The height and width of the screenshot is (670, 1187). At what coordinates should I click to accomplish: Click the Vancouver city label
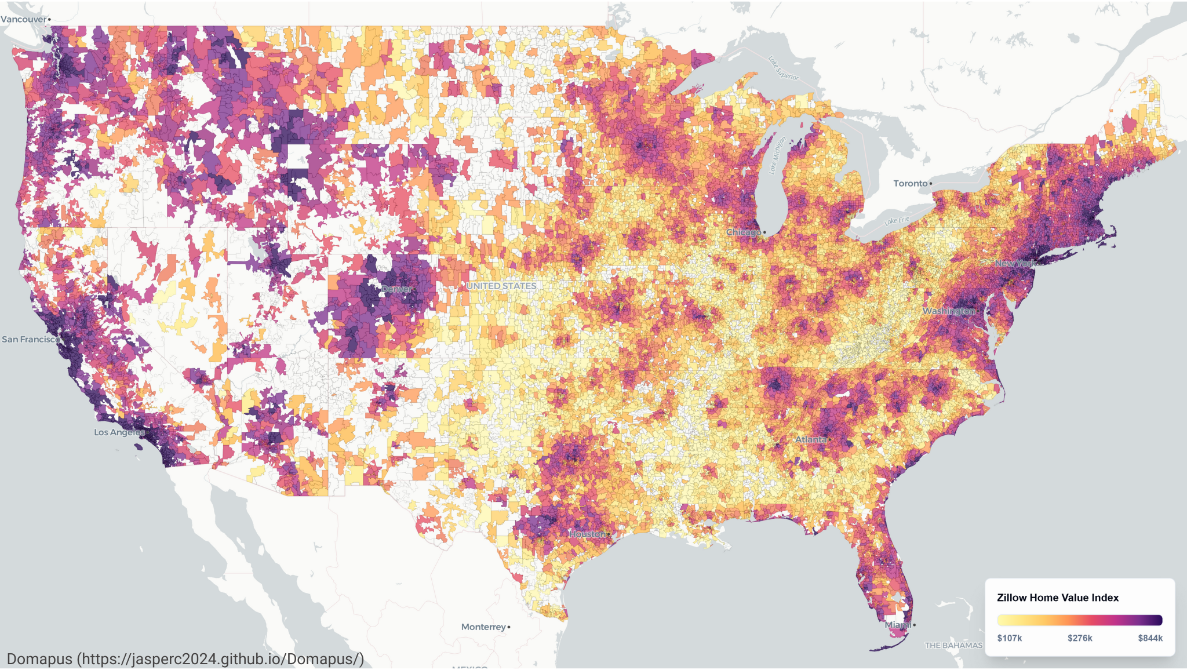[24, 19]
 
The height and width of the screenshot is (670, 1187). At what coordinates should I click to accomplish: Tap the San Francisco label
[30, 339]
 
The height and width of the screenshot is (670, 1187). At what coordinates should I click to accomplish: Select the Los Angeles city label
[119, 432]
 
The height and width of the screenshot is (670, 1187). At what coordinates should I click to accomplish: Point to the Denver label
[396, 289]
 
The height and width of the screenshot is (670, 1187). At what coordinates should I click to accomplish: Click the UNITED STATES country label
[501, 286]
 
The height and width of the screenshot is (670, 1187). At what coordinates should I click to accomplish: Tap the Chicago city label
[744, 232]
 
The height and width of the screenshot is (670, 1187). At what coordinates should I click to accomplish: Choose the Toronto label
[911, 183]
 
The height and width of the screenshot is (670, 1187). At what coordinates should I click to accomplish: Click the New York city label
[1014, 263]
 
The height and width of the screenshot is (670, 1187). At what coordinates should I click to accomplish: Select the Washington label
[949, 311]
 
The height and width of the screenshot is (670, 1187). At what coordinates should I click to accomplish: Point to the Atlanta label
[810, 439]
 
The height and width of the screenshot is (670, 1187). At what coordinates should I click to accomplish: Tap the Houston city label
[588, 534]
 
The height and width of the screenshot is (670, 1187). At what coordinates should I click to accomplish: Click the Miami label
[897, 625]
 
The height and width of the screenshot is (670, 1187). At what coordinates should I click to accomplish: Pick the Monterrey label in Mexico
[483, 627]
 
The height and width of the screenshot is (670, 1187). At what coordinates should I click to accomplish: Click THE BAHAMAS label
[953, 645]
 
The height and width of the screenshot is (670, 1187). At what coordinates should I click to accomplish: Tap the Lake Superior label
[783, 68]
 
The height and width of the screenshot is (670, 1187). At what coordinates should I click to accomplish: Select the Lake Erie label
[897, 220]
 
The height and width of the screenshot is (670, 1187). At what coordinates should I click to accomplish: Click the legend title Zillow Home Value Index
[1057, 598]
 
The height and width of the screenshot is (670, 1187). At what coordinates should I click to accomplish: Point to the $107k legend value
[1009, 638]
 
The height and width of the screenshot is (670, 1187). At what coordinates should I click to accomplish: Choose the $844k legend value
[1150, 638]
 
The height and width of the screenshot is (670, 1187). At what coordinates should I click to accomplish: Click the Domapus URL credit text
[185, 659]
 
